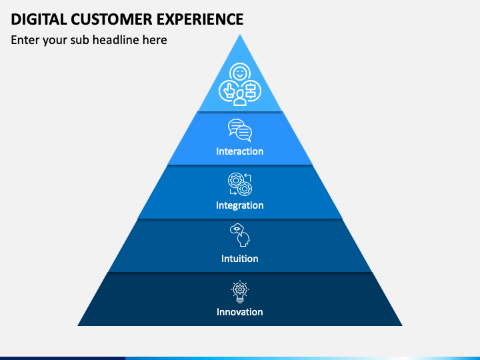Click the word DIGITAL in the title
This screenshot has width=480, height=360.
39,19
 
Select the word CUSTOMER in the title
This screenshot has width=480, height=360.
112,19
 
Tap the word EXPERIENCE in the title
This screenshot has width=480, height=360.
200,19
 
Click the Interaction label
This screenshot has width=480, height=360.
240,151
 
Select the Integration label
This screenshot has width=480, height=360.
240,205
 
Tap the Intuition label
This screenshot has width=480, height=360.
240,259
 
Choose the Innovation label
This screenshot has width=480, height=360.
240,312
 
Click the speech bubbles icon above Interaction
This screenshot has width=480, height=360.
240,131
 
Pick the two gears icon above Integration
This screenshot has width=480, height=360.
240,184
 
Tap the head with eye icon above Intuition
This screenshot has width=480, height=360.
240,235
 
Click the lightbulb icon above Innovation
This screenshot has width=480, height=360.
240,291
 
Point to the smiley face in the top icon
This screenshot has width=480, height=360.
240,73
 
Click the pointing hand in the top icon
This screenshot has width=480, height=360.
228,91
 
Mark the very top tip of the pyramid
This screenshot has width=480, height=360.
240,35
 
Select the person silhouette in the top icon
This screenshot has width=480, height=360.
240,98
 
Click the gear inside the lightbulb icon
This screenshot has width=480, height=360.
240,289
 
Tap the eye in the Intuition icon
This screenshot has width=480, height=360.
236,229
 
